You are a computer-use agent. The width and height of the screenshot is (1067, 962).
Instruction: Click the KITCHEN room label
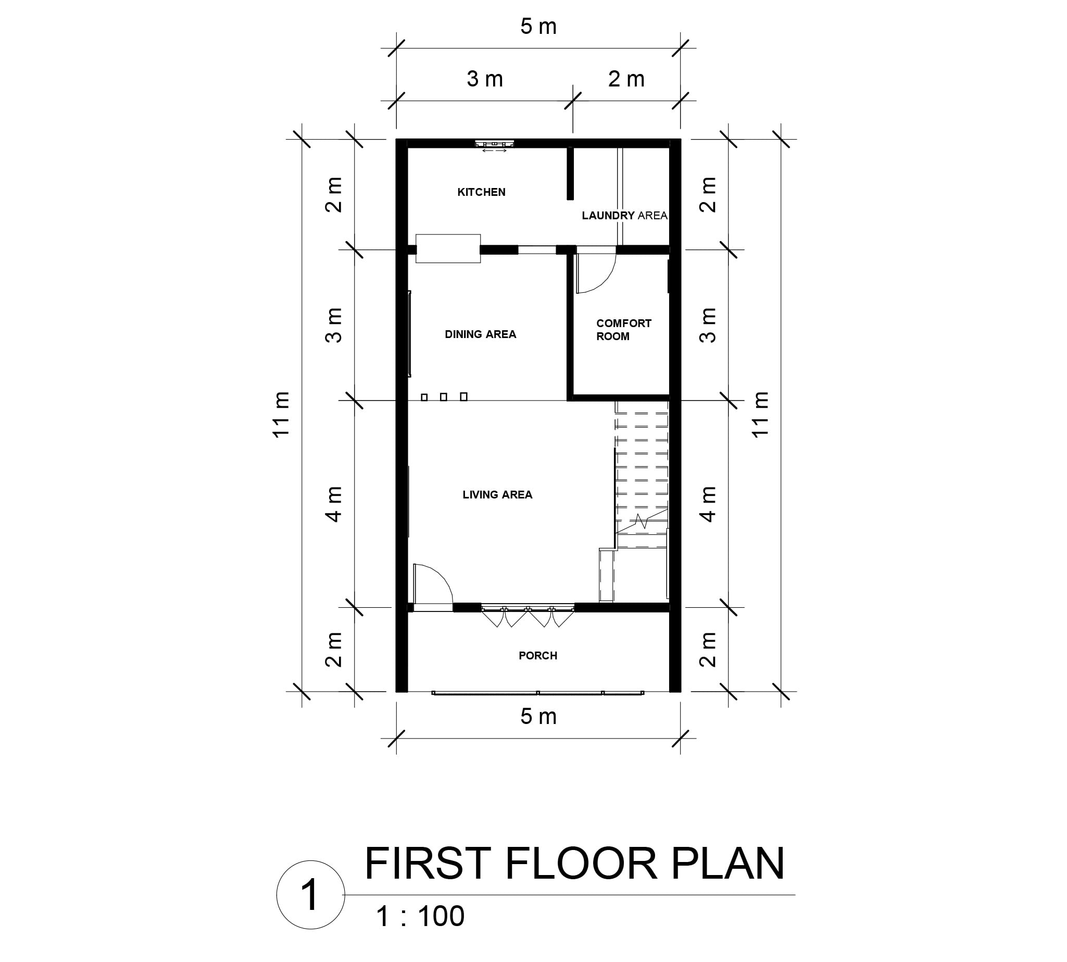click(481, 192)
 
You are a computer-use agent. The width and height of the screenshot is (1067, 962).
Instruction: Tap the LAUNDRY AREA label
click(624, 216)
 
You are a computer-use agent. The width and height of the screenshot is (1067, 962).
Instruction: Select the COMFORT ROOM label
click(623, 330)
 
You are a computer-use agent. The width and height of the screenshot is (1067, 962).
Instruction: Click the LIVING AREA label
click(497, 495)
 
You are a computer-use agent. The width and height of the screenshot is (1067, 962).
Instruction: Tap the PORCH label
click(537, 656)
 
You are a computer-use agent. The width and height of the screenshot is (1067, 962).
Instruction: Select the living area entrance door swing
click(433, 584)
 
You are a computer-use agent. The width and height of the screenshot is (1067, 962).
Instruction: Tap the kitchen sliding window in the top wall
click(494, 144)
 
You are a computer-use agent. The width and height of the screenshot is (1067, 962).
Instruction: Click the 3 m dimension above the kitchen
click(484, 79)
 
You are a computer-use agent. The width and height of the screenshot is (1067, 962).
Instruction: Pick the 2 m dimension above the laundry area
click(626, 79)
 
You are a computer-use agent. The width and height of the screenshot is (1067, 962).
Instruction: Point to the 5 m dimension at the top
click(538, 27)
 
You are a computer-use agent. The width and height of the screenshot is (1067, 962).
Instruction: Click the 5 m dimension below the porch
click(538, 717)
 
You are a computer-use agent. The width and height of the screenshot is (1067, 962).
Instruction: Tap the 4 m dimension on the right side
click(708, 504)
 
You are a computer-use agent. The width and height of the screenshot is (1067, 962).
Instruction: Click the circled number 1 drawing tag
click(310, 895)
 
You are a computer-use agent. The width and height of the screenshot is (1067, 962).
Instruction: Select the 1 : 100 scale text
click(420, 917)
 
